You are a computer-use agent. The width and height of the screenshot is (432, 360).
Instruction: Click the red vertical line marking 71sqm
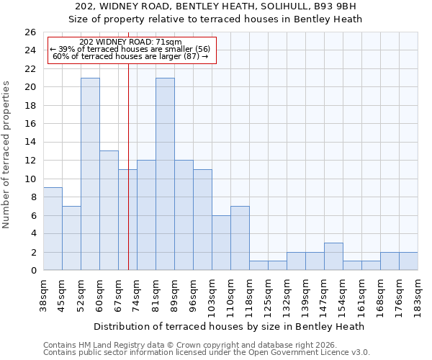tap(128, 166)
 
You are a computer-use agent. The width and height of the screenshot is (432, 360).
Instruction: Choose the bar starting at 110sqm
tap(240, 238)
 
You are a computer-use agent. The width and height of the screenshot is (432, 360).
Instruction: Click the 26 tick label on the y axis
tap(30, 32)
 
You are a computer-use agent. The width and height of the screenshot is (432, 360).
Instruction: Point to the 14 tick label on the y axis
tap(30, 143)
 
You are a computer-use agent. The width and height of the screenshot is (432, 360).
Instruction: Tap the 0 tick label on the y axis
tap(32, 271)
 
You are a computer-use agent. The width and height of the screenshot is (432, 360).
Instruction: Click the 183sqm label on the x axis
tap(418, 296)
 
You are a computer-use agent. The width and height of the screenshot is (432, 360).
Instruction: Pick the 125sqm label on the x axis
tap(269, 296)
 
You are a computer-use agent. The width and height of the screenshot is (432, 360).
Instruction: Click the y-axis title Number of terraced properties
tap(6, 155)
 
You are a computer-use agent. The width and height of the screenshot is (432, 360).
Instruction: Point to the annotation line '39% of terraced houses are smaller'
tap(130, 49)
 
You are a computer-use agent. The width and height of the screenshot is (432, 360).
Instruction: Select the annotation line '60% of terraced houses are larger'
tap(130, 56)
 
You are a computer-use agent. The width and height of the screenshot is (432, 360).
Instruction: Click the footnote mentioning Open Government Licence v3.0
tap(207, 353)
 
